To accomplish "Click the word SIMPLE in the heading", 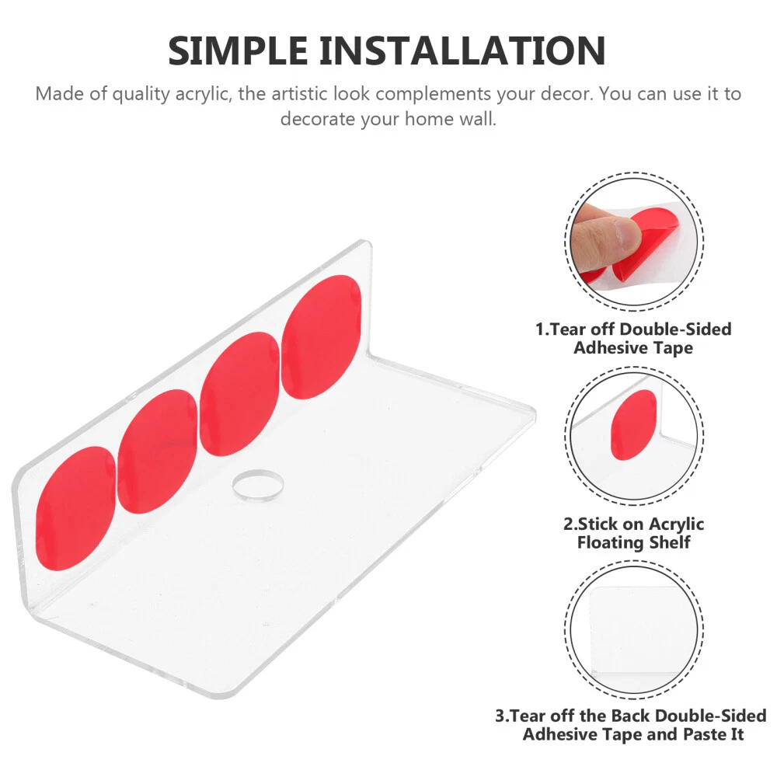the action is click(x=238, y=51).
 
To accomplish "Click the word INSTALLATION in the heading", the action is click(x=462, y=51).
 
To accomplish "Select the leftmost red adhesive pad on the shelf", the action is click(x=76, y=508).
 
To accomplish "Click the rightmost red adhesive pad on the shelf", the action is click(x=321, y=337).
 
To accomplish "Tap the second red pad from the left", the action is click(x=158, y=451).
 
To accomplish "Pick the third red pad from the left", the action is click(x=239, y=394).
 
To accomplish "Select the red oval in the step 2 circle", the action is click(x=633, y=425).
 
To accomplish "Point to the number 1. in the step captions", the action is click(x=542, y=329).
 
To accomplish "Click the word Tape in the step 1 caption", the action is click(x=672, y=348).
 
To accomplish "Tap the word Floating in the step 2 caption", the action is click(x=610, y=543).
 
